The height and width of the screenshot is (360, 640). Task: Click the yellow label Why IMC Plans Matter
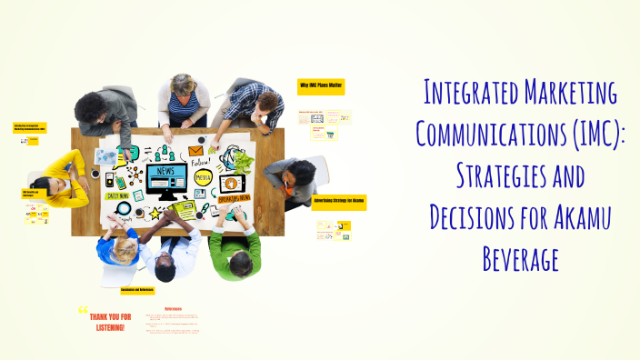[321, 86]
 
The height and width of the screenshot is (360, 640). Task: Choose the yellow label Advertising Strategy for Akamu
[339, 201]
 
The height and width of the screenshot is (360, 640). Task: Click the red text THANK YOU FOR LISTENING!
[110, 322]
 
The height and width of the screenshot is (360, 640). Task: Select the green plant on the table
[244, 161]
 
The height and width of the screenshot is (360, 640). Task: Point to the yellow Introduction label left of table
[30, 127]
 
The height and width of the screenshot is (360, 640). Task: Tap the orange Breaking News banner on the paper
[232, 195]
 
